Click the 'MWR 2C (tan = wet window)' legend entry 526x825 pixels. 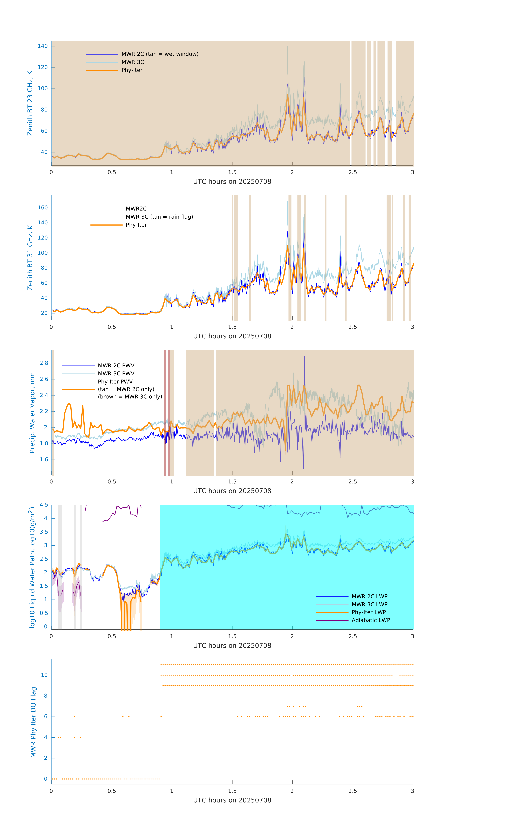160,54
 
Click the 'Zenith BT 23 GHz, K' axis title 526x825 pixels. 30,103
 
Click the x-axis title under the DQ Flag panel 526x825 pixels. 232,800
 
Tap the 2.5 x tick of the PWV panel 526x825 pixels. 353,482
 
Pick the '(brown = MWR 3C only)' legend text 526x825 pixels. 130,397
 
